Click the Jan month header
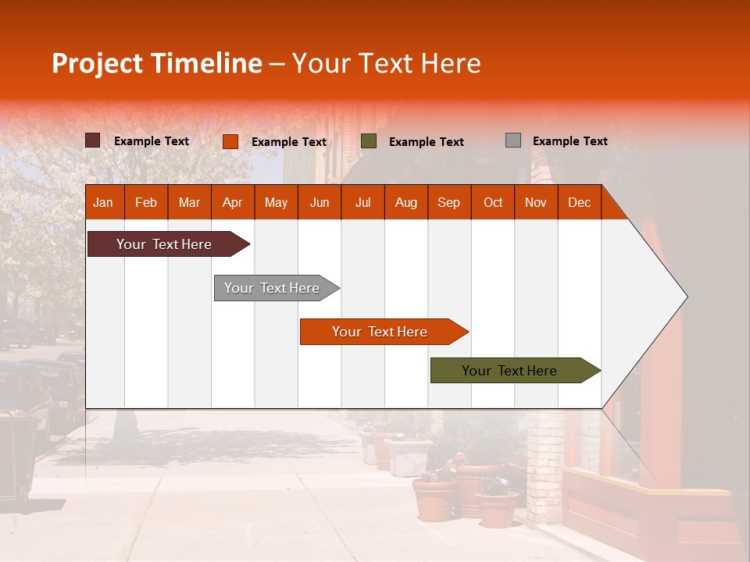tap(103, 203)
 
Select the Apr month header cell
tap(232, 203)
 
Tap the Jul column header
tap(362, 203)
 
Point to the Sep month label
tap(448, 203)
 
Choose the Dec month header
tap(579, 203)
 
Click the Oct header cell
tap(493, 203)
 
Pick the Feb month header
tap(146, 203)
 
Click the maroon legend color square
tap(92, 140)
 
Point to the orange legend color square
tap(230, 141)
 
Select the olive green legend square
tap(369, 141)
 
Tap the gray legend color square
tap(513, 140)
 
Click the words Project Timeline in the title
tap(156, 63)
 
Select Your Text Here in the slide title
tap(386, 63)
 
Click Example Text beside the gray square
tap(570, 141)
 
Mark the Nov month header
tap(536, 203)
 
